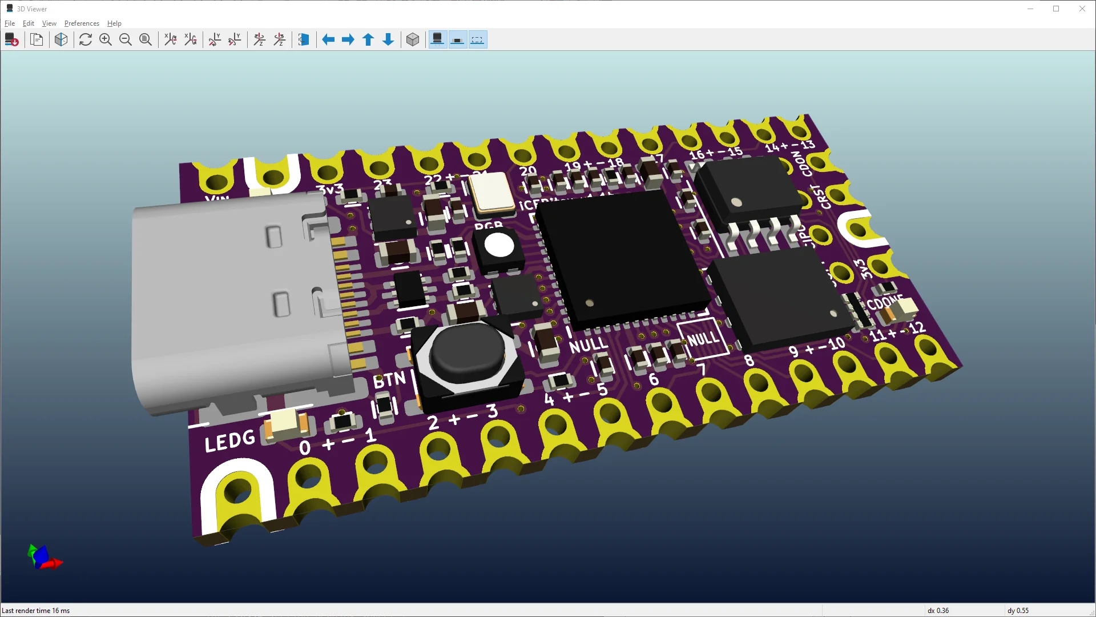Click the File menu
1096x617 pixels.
[x=10, y=23]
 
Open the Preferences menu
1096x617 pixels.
[x=82, y=23]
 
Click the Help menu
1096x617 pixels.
[x=114, y=23]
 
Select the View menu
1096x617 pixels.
[x=49, y=23]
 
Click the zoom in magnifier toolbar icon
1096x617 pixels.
[x=106, y=39]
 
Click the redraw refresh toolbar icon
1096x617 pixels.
[x=86, y=39]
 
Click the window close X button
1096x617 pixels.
[x=1082, y=9]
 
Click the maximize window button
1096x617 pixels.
[x=1056, y=9]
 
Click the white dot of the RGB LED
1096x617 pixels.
[x=499, y=246]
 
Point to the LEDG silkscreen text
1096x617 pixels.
[x=230, y=441]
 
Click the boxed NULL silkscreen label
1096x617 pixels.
[x=703, y=339]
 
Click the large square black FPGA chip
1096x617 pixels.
[x=622, y=257]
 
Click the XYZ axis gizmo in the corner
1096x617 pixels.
[x=43, y=557]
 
